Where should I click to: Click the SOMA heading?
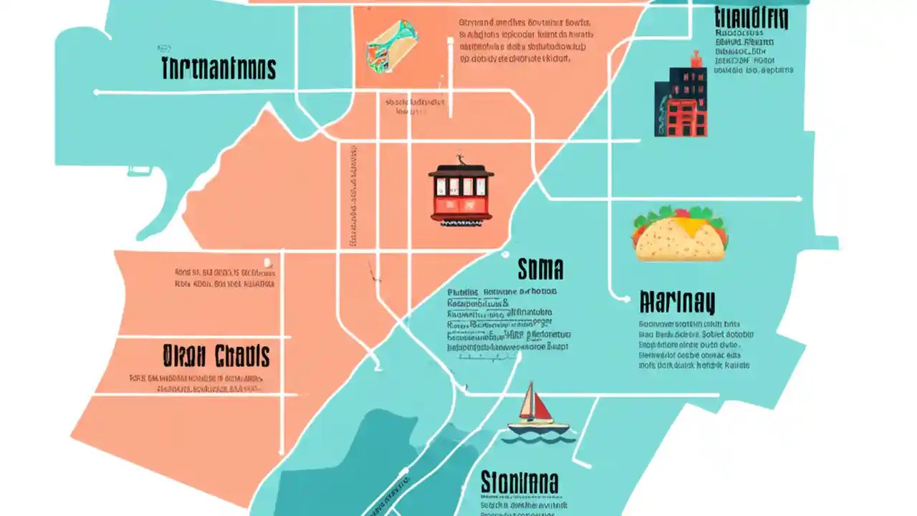pos(540,269)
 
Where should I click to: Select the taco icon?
pos(679,234)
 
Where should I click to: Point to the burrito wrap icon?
pos(392,45)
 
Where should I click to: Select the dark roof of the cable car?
pos(461,171)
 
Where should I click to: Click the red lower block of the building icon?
pos(686,118)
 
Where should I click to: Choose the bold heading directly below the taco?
pos(677,302)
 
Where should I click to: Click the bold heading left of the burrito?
pos(219,69)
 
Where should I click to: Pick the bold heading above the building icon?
pos(752,17)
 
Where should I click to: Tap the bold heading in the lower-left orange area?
pos(216,355)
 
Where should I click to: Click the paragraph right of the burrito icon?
pos(527,42)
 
